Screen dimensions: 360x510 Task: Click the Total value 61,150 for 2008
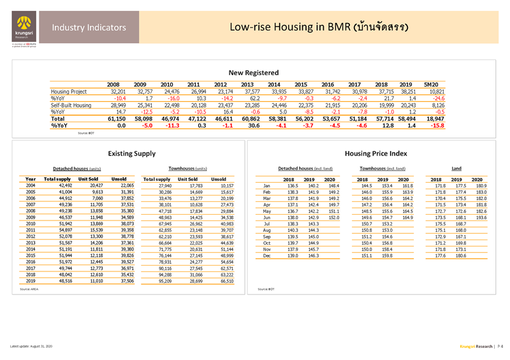112,119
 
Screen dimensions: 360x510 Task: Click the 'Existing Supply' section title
131,153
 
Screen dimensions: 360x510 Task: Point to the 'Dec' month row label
268,256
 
